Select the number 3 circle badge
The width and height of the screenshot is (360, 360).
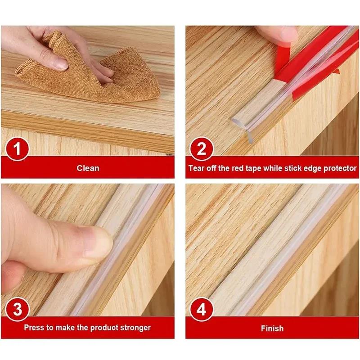(x=18, y=310)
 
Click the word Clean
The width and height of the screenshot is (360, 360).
(x=88, y=168)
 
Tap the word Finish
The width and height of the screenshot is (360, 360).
(x=272, y=328)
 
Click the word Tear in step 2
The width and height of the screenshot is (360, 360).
(x=197, y=168)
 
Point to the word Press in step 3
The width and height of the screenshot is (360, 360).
(x=34, y=328)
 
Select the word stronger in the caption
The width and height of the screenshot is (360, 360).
(x=134, y=328)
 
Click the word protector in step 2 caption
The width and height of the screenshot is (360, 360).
(x=340, y=168)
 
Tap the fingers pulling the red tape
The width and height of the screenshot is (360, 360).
(x=277, y=34)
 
